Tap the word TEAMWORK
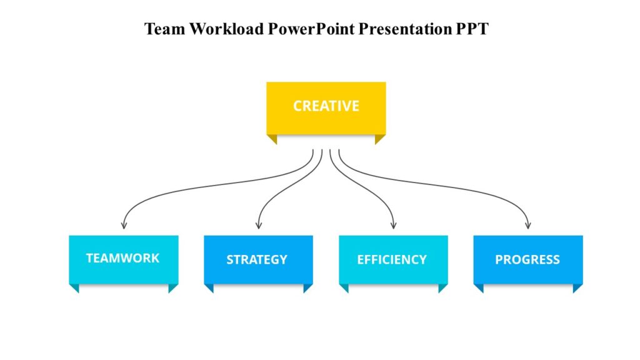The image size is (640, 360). pos(122,257)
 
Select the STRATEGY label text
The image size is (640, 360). pos(257,259)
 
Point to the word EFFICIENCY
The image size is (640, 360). pos(392,259)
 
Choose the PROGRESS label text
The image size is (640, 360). pos(527,259)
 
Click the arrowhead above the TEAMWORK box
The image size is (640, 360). pos(124,225)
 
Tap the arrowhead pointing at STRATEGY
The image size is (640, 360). pos(259,225)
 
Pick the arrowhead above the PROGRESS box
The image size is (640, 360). pos(528,225)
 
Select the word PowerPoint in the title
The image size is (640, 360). pos(311,29)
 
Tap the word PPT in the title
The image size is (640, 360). pos(471,29)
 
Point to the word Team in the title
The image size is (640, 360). pos(162,29)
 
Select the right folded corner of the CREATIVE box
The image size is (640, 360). pos(379,139)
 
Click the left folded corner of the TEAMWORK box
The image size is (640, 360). pos(74,287)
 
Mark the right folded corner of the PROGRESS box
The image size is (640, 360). pos(577,287)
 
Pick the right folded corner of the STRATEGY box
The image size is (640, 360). pos(307,287)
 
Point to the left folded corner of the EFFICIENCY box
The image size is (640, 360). pos(344,287)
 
